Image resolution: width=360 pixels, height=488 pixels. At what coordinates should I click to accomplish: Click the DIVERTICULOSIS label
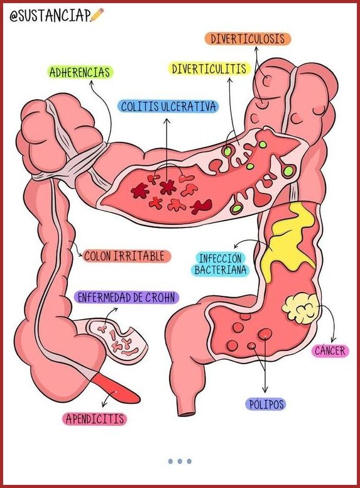click(x=248, y=39)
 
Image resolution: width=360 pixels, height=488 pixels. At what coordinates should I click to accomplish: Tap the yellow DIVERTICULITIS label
click(x=209, y=69)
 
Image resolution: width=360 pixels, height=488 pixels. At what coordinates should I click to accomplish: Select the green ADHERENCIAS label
click(x=80, y=72)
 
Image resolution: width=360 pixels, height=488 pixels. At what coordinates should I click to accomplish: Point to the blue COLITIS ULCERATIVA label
click(x=168, y=106)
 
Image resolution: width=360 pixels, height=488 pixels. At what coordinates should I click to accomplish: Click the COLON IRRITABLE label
click(x=124, y=256)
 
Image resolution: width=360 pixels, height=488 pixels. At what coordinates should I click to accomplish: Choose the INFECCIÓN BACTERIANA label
click(x=221, y=264)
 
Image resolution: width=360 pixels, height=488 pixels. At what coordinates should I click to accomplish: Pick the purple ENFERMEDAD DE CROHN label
click(x=126, y=297)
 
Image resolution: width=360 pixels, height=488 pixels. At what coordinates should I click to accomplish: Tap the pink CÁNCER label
click(x=330, y=350)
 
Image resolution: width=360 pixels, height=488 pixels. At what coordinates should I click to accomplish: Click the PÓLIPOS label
click(x=266, y=404)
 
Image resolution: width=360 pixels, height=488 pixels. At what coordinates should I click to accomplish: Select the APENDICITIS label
click(x=95, y=418)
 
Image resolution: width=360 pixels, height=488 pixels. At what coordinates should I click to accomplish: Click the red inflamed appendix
click(x=117, y=388)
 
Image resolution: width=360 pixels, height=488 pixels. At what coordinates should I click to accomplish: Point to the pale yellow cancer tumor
click(x=299, y=309)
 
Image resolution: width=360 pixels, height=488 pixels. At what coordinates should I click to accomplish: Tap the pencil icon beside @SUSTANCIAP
click(x=97, y=14)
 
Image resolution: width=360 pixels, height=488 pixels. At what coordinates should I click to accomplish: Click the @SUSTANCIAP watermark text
click(x=50, y=15)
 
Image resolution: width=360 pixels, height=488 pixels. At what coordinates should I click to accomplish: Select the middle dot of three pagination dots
click(x=180, y=461)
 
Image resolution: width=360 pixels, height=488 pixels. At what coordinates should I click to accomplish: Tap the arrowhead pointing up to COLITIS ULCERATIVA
click(x=167, y=121)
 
